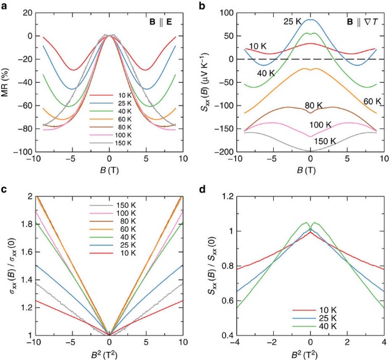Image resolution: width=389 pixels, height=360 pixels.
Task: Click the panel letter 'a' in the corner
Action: coord(6,6)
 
